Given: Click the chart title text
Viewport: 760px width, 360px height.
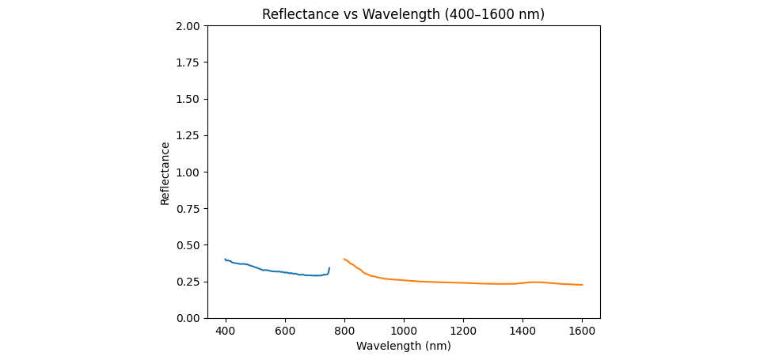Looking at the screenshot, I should tap(403, 14).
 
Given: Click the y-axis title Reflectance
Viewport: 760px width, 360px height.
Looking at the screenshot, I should tap(165, 173).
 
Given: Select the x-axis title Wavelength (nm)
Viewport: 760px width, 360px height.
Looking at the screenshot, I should tap(403, 346).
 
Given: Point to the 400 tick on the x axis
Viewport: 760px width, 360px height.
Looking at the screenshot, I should tap(226, 329).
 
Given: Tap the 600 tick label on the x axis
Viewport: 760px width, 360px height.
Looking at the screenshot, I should tap(285, 329).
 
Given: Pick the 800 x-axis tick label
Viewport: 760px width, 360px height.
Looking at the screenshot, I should tap(344, 329).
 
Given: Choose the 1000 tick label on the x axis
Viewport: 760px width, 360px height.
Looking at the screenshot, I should tap(404, 329).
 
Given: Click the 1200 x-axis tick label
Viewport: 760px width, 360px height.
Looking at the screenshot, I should tap(463, 329).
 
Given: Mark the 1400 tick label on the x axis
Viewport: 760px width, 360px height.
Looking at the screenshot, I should tap(522, 329).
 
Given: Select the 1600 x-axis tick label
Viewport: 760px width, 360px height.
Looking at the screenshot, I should tap(582, 329).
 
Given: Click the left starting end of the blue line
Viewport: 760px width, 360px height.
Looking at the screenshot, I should tap(226, 260).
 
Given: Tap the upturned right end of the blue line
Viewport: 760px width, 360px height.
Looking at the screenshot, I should tap(329, 268).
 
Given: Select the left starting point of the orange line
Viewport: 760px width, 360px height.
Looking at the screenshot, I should tap(344, 259).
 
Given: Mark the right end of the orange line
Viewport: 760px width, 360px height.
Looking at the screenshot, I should tap(582, 285).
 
